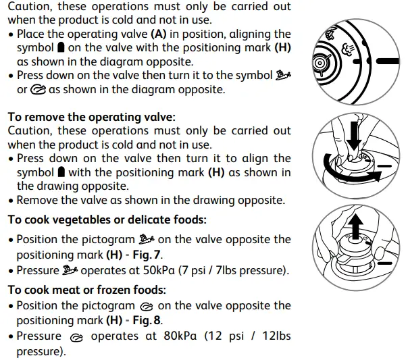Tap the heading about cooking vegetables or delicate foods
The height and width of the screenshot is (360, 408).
tap(107, 220)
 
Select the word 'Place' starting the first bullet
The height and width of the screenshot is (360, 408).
tap(32, 34)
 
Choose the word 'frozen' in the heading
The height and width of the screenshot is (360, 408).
tap(111, 290)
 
